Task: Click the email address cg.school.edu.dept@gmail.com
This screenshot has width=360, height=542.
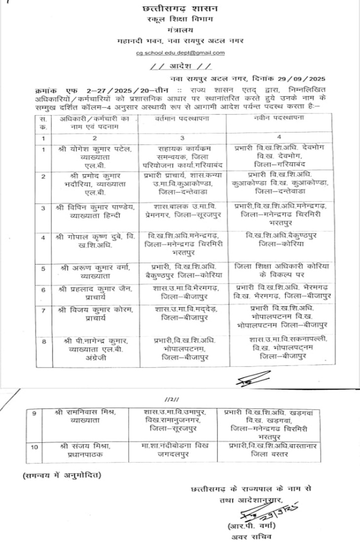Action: (180, 53)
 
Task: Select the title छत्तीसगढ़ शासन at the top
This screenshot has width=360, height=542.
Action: (180, 9)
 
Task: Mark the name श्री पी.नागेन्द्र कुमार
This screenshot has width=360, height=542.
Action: (97, 340)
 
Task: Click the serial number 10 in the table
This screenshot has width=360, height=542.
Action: (34, 447)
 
